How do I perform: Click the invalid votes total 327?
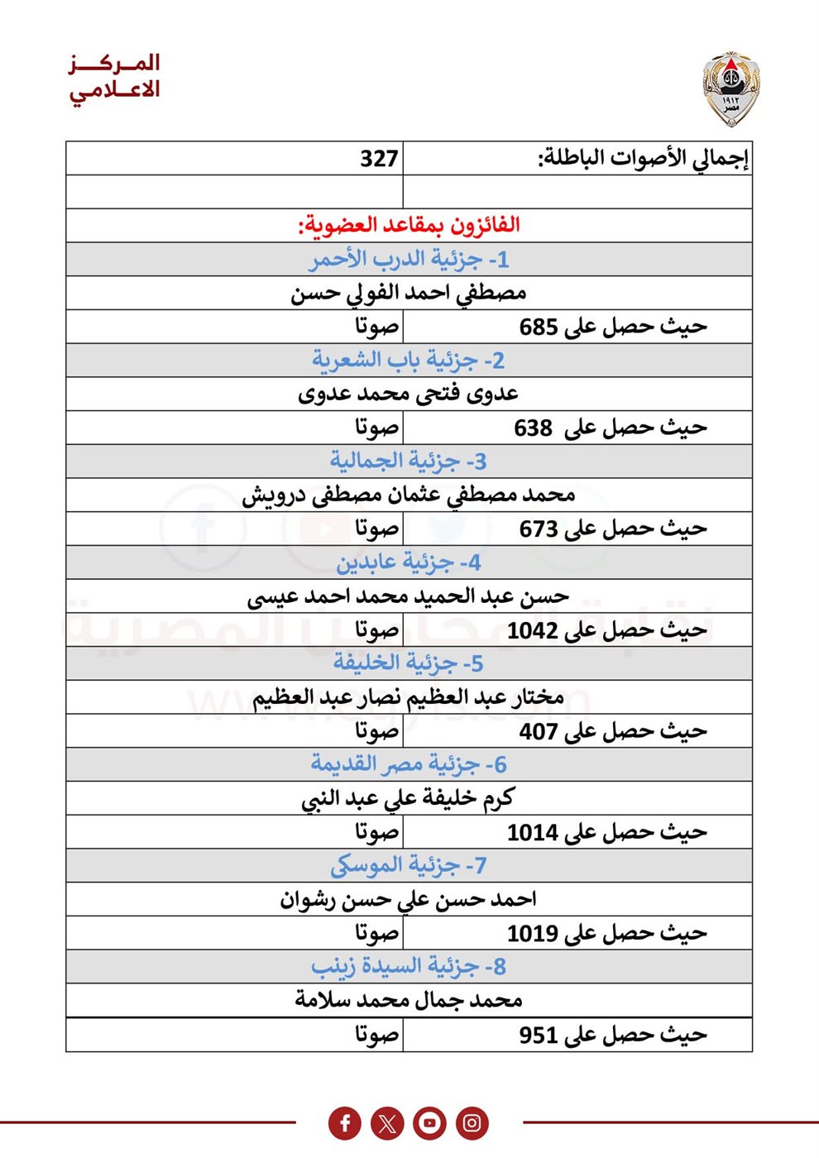tap(379, 158)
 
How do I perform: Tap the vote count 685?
tap(538, 327)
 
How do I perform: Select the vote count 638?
tap(533, 428)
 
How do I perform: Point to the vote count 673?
tap(538, 529)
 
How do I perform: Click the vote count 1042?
tap(532, 630)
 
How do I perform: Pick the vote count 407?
tap(538, 731)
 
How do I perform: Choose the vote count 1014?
tap(532, 832)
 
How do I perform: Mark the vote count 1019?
tap(532, 933)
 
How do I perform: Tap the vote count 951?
tap(538, 1035)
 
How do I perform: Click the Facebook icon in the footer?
tap(345, 1123)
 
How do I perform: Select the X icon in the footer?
tap(387, 1123)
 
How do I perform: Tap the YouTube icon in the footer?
tap(429, 1123)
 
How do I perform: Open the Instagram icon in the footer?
tap(472, 1123)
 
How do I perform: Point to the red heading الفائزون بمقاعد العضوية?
tap(409, 225)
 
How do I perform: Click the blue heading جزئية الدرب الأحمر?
tap(409, 260)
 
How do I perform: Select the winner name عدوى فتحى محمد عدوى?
tap(409, 394)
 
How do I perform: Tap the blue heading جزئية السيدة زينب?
tap(409, 966)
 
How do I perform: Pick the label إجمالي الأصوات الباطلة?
tap(644, 158)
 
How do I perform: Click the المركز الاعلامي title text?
tap(115, 76)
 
